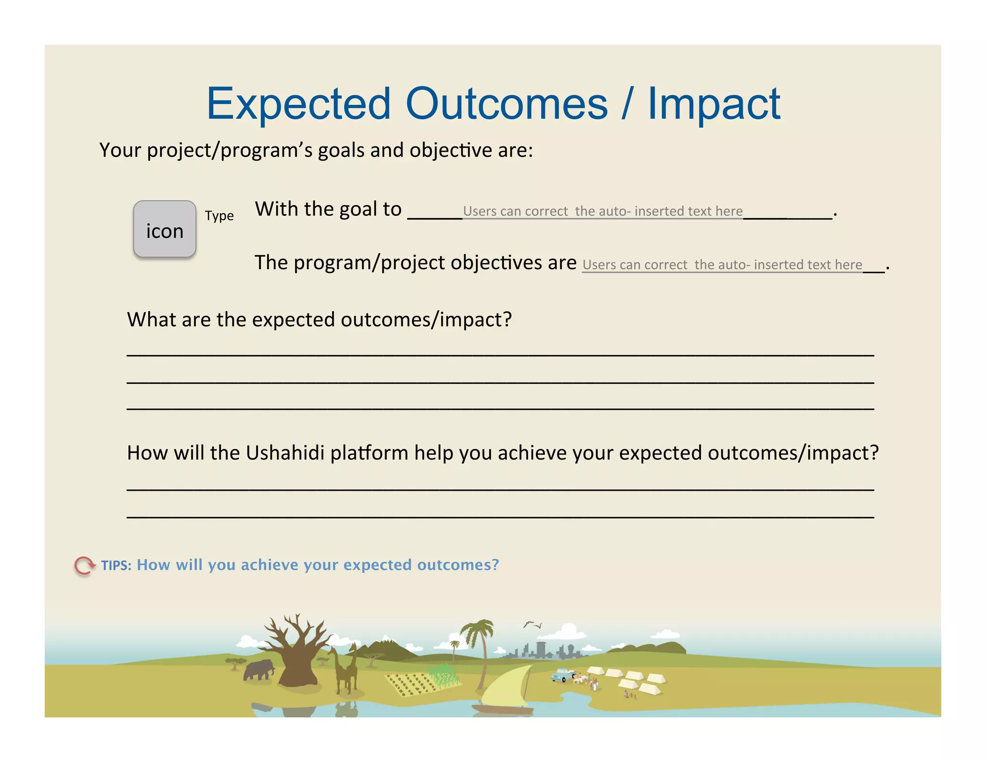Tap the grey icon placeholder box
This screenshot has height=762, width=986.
pos(165,229)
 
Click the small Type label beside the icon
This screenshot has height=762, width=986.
pos(219,216)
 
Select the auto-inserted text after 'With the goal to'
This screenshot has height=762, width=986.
pos(602,211)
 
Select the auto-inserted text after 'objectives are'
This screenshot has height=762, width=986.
pos(722,265)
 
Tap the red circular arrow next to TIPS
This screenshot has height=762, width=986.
pos(84,565)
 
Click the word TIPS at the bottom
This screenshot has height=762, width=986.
pos(116,565)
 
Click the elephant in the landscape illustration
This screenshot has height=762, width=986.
pos(259,670)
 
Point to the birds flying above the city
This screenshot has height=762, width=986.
pos(533,625)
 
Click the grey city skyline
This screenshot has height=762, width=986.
pos(544,650)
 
